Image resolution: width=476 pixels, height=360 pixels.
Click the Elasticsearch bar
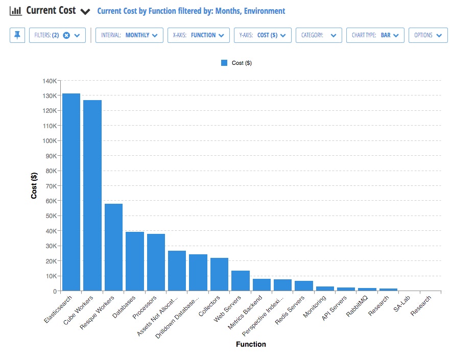coord(71,192)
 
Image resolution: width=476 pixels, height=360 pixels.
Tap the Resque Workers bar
coord(113,247)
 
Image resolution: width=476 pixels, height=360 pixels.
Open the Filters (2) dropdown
coord(57,35)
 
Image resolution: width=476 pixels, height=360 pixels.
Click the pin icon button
coord(17,35)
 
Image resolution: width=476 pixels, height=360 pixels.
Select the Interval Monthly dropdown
coord(129,35)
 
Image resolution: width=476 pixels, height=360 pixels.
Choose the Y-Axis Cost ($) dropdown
coord(263,35)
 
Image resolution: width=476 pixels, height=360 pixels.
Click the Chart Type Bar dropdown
coord(375,35)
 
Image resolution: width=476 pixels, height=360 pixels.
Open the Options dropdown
coord(428,35)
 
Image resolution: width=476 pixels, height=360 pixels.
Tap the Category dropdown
coord(319,35)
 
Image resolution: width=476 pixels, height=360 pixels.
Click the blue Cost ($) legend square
coord(224,63)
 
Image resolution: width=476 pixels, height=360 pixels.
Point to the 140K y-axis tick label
coord(49,81)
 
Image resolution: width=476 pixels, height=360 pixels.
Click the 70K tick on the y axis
coord(51,186)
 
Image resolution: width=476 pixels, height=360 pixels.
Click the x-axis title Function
coord(251,344)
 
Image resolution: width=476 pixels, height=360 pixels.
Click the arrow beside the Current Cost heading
coord(86,11)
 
